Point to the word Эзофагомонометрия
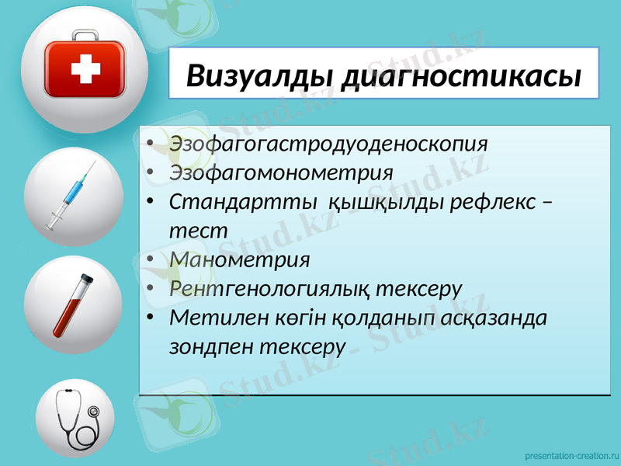tap(281, 172)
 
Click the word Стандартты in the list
tap(242, 202)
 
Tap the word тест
tap(199, 231)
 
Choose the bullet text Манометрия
tap(240, 259)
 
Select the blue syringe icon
tap(72, 196)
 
